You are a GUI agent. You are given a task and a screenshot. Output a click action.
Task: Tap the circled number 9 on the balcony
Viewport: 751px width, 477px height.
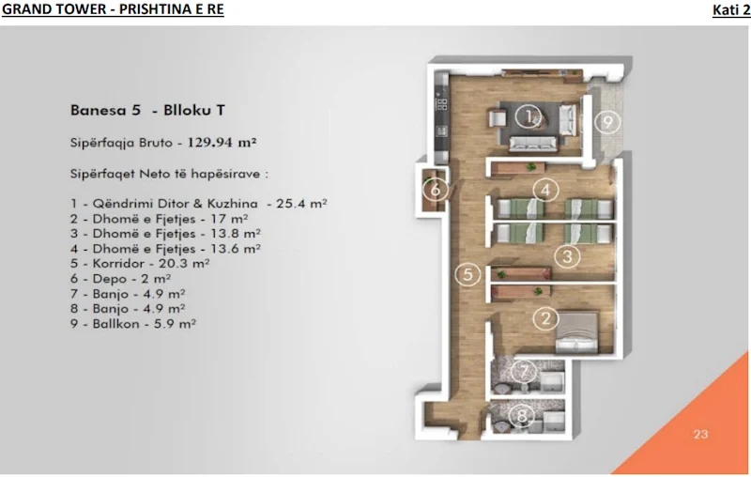point(607,122)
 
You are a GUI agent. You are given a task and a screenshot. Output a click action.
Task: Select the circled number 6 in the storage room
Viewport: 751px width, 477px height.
point(433,188)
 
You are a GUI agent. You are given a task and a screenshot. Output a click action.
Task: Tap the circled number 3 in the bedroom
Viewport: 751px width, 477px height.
point(565,255)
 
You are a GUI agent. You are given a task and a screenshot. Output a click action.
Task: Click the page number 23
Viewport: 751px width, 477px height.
point(700,434)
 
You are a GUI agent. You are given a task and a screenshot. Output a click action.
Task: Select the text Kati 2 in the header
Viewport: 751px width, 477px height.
point(730,10)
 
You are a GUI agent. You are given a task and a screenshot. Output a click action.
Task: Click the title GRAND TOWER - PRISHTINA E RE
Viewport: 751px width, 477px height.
point(113,10)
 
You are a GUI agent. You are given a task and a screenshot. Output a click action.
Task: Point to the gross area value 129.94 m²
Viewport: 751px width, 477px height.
point(222,144)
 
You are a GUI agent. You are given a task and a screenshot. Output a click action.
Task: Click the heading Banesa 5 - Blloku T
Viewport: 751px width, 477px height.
point(147,110)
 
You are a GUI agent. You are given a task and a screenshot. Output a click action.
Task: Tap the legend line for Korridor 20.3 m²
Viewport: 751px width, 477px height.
point(139,264)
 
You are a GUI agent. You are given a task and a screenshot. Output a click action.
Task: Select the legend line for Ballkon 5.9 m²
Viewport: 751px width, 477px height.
point(132,324)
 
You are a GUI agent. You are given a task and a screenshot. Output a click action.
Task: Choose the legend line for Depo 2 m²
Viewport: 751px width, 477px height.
point(120,279)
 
